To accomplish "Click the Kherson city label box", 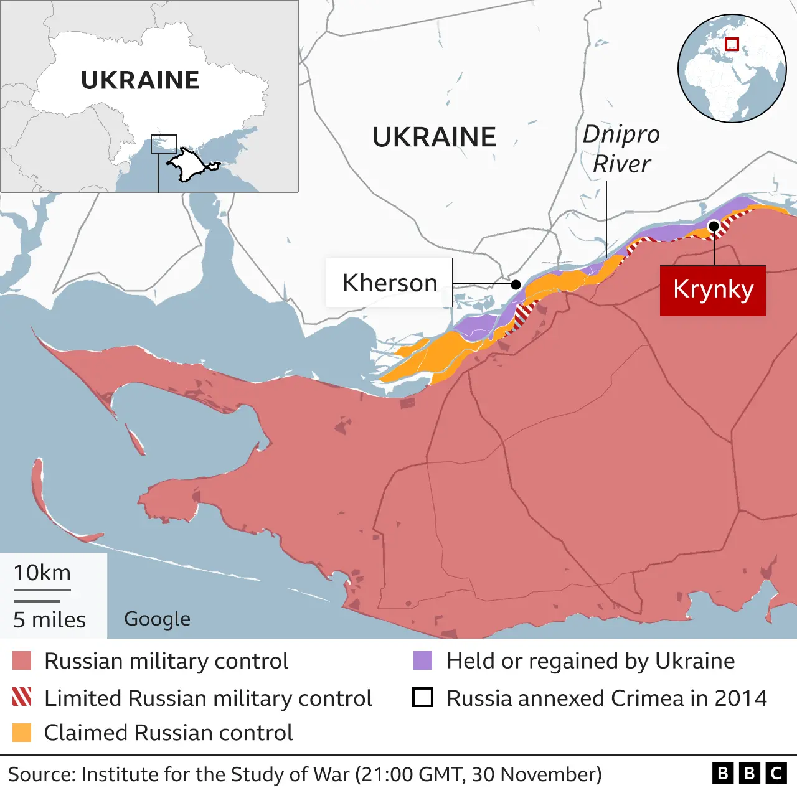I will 389,283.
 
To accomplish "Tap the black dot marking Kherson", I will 516,284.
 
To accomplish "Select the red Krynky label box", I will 713,290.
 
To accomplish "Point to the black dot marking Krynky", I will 714,225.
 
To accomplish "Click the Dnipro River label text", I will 621,149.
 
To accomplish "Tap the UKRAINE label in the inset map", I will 140,80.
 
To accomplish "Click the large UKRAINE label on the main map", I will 434,137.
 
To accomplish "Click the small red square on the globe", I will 732,44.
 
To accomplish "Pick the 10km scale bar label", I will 42,573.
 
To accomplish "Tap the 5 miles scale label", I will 50,619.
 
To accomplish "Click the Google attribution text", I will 157,619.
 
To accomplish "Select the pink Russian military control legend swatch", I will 22,661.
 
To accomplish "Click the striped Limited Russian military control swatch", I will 22,698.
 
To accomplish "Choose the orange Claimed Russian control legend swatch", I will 22,733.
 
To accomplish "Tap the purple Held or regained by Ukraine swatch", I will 423,661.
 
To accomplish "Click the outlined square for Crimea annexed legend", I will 423,698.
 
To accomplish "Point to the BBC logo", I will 749,773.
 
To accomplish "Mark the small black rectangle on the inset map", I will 164,144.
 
